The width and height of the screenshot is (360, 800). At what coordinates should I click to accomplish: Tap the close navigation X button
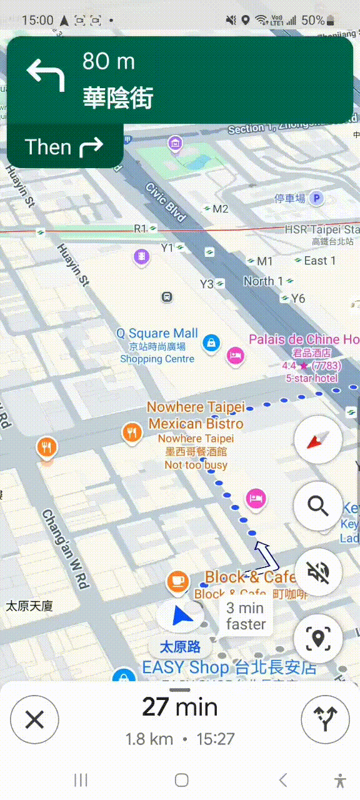coord(34,720)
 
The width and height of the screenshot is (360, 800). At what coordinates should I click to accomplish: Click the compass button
coord(318,440)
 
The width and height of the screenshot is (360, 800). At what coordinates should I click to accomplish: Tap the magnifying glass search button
coord(318,505)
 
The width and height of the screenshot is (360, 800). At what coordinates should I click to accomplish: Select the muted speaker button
coord(318,571)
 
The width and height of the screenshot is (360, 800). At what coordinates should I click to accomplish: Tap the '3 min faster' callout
coord(246,616)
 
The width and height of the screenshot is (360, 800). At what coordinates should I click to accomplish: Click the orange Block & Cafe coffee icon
coord(177,581)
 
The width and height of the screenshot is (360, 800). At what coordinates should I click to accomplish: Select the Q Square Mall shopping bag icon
coord(211,342)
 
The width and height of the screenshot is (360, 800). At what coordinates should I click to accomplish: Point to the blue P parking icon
coord(317,199)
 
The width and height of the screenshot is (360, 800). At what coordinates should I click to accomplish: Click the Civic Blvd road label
coord(166,201)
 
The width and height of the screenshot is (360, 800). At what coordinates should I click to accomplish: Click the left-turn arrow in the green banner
coord(46,74)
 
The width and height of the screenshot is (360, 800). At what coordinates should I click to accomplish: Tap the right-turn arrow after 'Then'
coord(91,147)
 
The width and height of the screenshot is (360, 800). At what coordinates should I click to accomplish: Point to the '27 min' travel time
coord(180,707)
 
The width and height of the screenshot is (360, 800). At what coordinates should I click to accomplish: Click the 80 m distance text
coord(109,61)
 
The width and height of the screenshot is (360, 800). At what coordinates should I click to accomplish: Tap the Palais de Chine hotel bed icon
coord(235,354)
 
